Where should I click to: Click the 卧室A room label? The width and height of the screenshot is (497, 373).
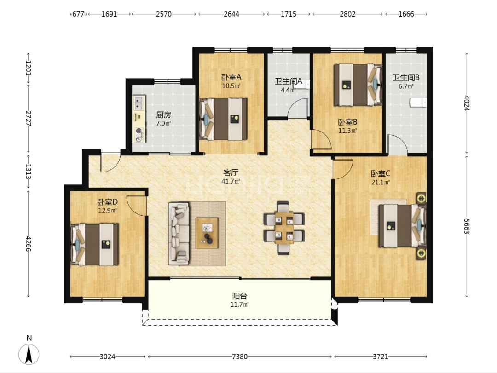tap(231, 77)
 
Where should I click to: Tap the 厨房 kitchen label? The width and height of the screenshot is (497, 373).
tap(163, 115)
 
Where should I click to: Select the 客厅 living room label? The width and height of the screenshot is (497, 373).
tap(231, 173)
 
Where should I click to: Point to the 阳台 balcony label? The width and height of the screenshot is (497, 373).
tap(239, 296)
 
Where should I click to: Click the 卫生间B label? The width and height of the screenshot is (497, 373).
tap(406, 77)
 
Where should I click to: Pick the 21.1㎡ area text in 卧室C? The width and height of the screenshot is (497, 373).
tap(381, 182)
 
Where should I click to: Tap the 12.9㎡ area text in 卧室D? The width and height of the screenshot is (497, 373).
tap(107, 210)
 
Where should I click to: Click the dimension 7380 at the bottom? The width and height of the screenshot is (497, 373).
tap(240, 357)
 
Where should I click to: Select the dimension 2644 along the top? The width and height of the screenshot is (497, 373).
tap(231, 14)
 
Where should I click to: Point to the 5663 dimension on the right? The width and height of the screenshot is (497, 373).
tap(466, 226)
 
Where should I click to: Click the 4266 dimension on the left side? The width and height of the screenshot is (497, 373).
tap(28, 244)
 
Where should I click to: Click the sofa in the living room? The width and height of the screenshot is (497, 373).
tap(179, 234)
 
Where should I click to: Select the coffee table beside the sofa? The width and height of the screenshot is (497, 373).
tap(207, 233)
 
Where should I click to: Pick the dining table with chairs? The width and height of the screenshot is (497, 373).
tap(284, 228)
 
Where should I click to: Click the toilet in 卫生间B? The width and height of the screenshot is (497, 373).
tap(418, 103)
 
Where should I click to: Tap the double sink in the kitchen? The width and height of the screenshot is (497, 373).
tap(139, 103)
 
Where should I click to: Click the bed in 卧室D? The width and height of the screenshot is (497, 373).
tap(94, 244)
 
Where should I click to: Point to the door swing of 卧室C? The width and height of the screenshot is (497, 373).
tap(343, 169)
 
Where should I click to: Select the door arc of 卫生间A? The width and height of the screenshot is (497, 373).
tap(298, 108)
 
